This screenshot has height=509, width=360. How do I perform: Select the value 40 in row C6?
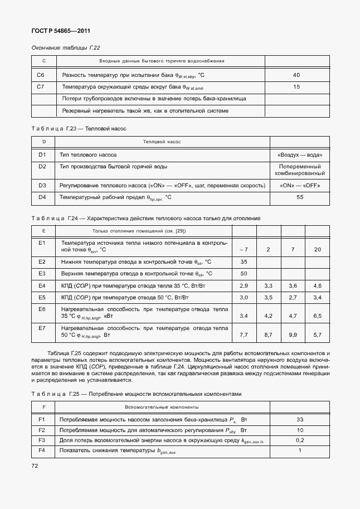296,75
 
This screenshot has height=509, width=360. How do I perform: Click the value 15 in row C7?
296,87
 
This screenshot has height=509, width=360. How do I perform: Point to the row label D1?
42,154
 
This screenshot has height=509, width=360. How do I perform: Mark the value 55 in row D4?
299,197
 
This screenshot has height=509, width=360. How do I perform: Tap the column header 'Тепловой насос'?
162,142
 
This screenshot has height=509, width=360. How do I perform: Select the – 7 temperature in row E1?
244,249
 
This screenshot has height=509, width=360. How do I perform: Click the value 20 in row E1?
318,249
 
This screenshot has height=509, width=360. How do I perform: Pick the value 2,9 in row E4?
244,285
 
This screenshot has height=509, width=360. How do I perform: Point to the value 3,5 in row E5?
268,298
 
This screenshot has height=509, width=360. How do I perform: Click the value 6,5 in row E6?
318,316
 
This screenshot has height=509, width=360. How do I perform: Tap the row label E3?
42,273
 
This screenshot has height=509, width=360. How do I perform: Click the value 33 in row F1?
300,419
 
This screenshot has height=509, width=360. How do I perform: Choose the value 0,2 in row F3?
300,440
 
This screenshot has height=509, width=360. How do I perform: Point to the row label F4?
42,450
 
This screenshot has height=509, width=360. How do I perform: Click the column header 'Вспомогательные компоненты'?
162,406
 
